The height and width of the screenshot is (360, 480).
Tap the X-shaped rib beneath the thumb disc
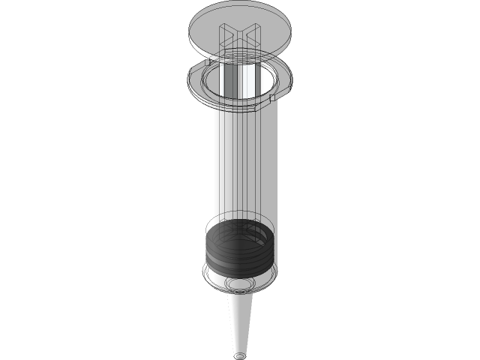[239, 37]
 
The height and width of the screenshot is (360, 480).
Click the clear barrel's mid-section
[240, 165]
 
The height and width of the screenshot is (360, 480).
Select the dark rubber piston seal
[240, 251]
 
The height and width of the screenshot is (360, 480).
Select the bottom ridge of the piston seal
[240, 270]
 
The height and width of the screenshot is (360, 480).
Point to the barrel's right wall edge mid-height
[277, 165]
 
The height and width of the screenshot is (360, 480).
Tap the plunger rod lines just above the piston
[240, 210]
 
